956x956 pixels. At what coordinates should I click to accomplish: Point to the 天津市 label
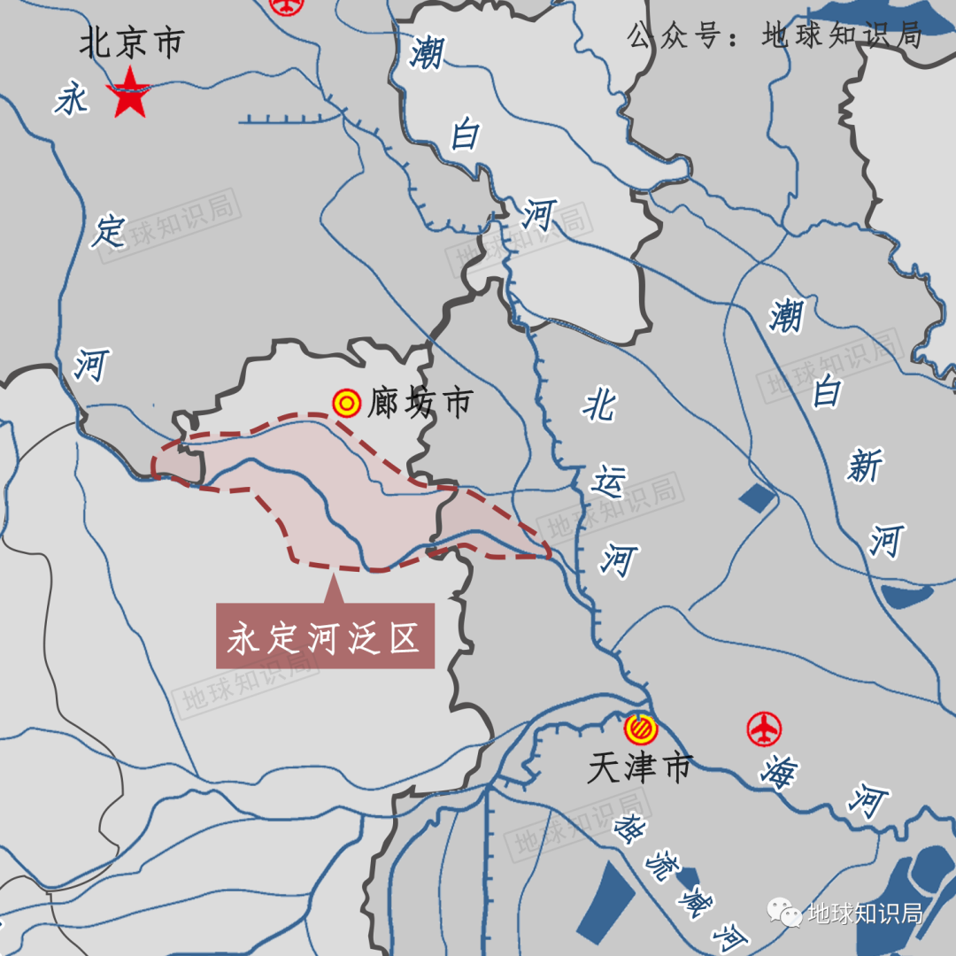[x=638, y=767]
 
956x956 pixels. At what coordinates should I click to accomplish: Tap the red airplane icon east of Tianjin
[x=764, y=729]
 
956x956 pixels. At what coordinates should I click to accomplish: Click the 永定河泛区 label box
[x=325, y=636]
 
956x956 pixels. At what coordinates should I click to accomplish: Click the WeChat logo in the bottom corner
[x=784, y=912]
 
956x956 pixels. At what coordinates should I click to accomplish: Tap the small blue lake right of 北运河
[x=755, y=498]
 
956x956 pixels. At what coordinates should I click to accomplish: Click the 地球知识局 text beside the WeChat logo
[x=864, y=913]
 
